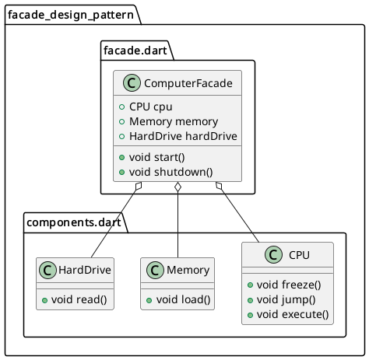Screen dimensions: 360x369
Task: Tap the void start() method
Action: coord(163,159)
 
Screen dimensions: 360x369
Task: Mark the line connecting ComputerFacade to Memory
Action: coord(179,225)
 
